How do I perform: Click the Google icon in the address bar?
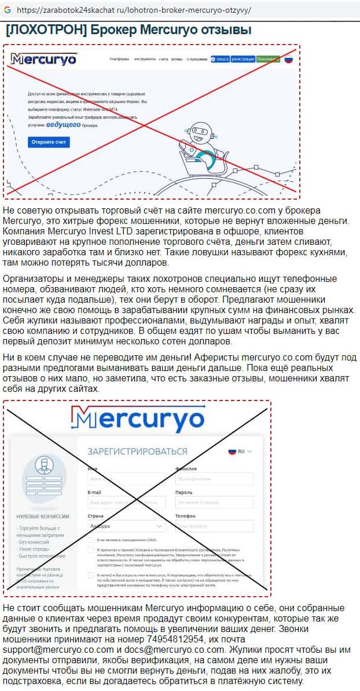7,10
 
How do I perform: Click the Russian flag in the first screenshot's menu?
288,59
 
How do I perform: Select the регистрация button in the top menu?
243,59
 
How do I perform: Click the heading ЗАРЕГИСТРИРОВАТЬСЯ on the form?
130,451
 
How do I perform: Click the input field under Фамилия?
214,479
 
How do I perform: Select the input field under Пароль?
214,502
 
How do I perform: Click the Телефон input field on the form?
214,526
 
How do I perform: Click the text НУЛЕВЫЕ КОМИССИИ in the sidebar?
43,516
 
